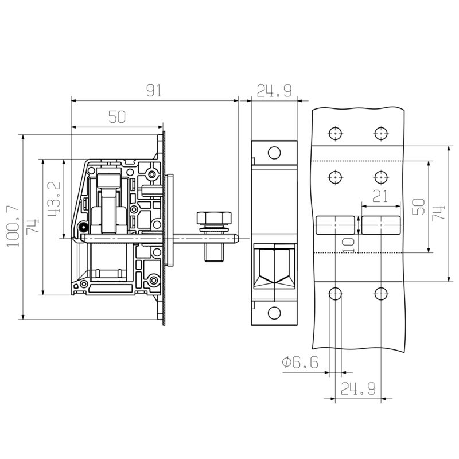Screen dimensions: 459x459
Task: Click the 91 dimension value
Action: click(154, 91)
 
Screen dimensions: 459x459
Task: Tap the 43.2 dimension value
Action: click(54, 199)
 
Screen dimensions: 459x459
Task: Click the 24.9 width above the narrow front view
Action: click(274, 91)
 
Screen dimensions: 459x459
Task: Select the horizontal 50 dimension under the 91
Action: click(116, 116)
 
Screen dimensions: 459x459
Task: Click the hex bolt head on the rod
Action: click(213, 218)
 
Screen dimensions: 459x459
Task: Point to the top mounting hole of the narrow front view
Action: click(274, 153)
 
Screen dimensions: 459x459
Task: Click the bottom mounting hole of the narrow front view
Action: click(274, 313)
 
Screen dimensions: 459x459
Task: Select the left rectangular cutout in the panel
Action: click(336, 225)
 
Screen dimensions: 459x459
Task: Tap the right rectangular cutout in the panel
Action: click(380, 225)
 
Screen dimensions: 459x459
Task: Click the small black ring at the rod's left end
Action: click(84, 227)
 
